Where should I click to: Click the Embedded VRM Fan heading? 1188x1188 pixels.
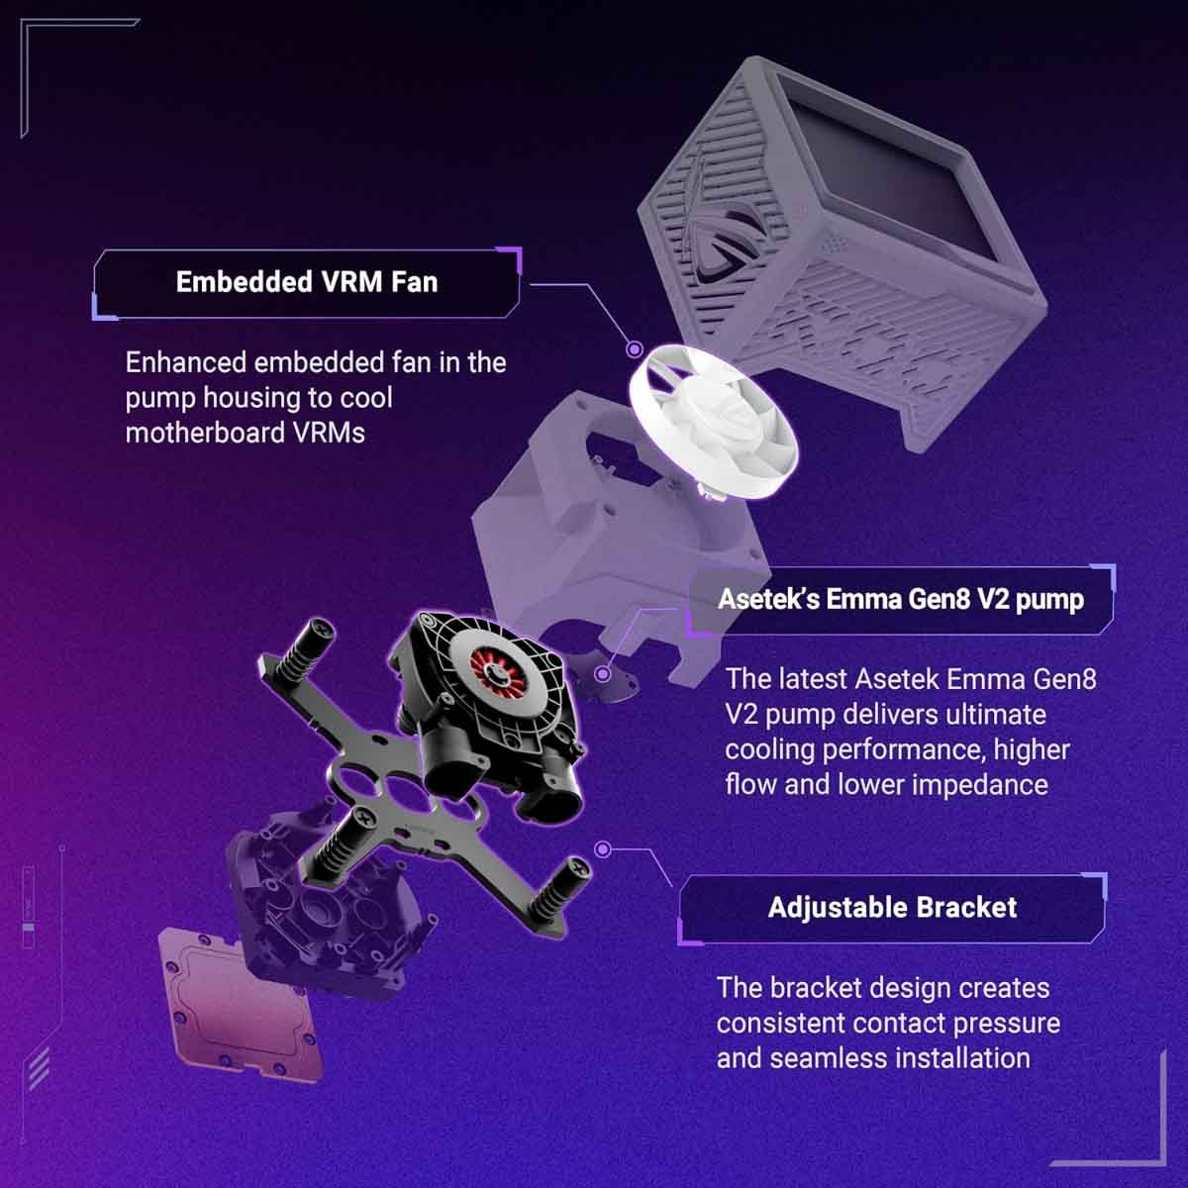(x=306, y=282)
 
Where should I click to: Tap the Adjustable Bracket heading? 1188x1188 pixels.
(x=892, y=907)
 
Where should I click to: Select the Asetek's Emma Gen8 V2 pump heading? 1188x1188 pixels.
(x=900, y=599)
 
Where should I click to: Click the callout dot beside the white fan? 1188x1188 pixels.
(x=634, y=349)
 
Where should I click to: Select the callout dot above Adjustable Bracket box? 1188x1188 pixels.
(x=601, y=849)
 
